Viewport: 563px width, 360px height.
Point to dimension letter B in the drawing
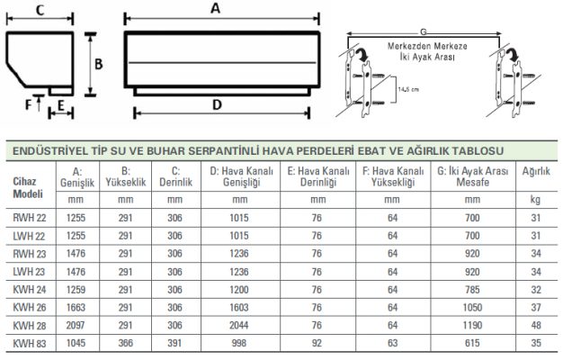[x=102, y=65]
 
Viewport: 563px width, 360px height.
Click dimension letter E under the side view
[x=60, y=105]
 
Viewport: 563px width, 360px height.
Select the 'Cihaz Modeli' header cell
[x=26, y=186]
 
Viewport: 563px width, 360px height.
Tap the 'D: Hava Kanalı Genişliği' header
[x=238, y=175]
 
